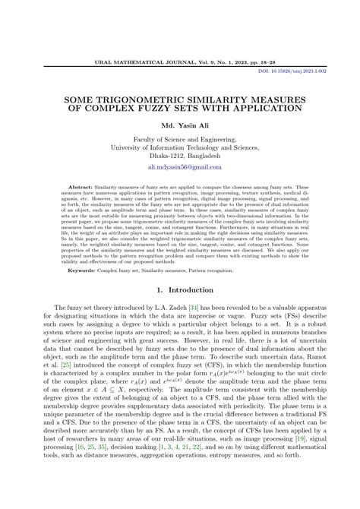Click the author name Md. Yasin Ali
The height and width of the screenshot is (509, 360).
(179, 125)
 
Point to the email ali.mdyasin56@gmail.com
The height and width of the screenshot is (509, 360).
(180, 166)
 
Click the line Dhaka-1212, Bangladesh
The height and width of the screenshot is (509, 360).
(180, 153)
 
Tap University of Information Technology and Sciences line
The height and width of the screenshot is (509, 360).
(180, 146)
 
